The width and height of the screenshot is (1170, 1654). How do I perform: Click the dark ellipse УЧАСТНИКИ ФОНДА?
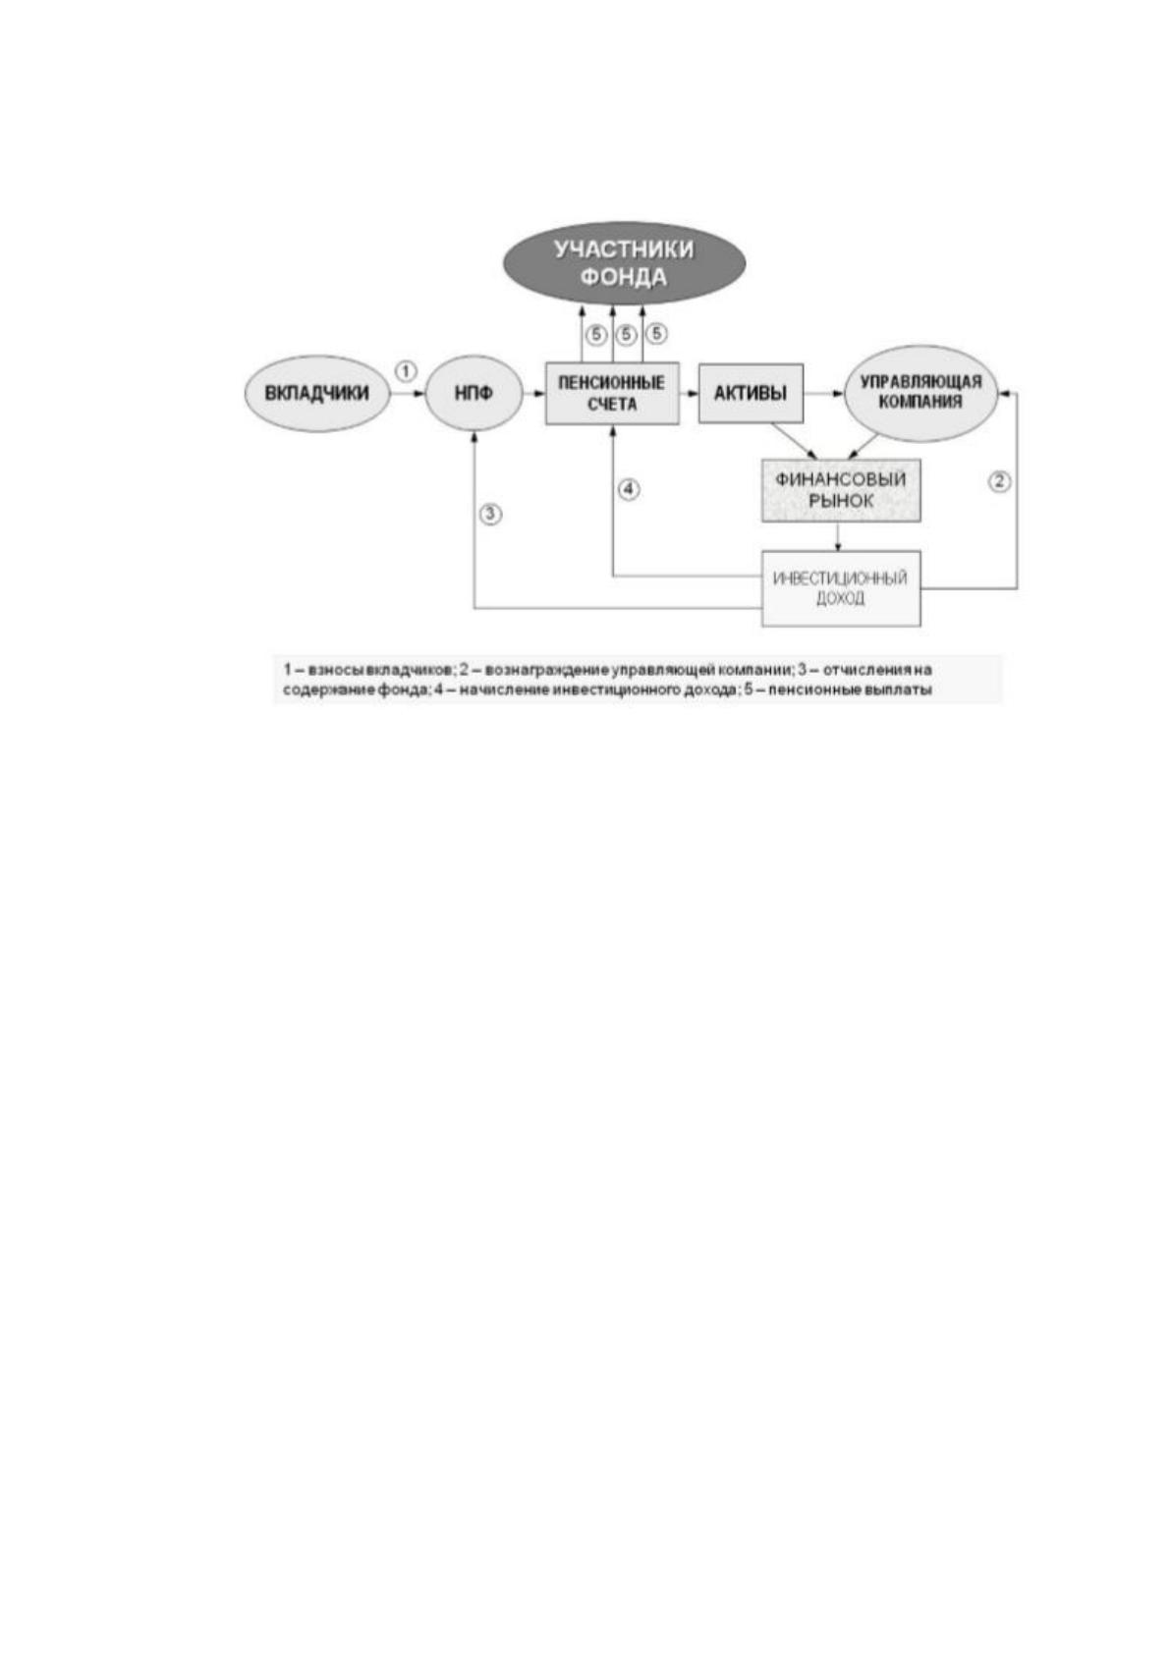pos(624,263)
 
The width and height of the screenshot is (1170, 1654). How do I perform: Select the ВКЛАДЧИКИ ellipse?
pos(317,393)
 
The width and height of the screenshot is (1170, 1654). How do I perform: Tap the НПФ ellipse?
pos(474,393)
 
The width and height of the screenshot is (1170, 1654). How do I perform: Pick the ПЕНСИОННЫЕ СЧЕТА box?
pos(612,393)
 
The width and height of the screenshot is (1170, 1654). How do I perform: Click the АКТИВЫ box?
pos(751,393)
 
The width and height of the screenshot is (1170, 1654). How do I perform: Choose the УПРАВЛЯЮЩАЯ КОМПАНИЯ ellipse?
pos(920,393)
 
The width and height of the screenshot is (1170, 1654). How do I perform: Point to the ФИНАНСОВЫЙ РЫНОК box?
pos(841,489)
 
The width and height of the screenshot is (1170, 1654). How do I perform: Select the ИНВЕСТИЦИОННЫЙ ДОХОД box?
pos(841,587)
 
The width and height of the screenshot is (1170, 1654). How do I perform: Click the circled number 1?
pos(407,370)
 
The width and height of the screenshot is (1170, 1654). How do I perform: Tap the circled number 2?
pos(999,481)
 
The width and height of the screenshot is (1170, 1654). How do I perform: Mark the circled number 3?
pos(491,514)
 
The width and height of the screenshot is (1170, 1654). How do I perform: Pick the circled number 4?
pos(629,489)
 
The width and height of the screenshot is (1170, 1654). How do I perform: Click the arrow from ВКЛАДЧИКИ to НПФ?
pos(408,394)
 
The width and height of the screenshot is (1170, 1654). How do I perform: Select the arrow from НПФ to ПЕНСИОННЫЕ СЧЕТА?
pos(532,394)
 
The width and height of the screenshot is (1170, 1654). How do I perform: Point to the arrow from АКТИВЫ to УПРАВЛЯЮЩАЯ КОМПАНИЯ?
pos(823,394)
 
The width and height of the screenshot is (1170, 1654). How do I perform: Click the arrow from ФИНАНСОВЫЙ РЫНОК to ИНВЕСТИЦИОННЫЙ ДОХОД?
pos(838,536)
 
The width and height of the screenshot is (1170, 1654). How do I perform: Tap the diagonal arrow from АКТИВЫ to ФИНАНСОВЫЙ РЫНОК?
pos(795,441)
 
